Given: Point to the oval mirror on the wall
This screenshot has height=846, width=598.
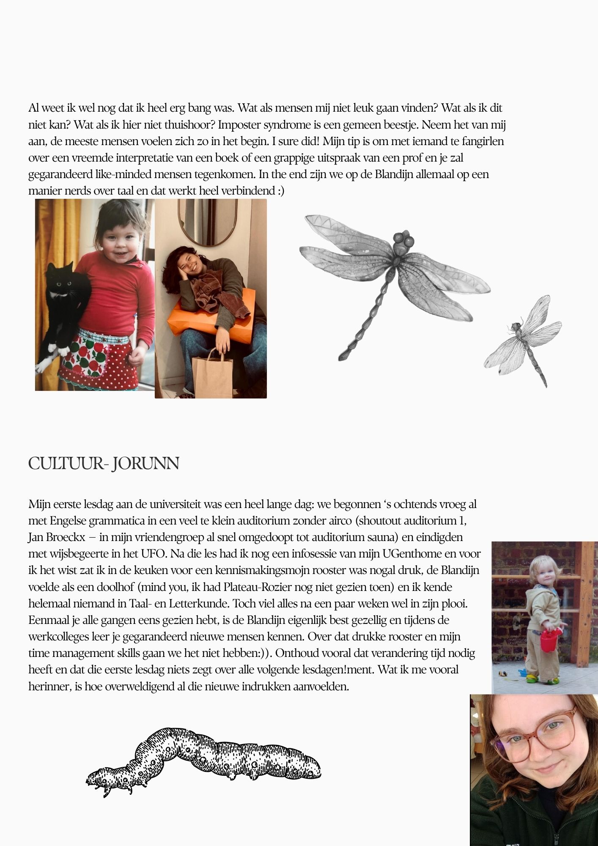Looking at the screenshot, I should point(208,222).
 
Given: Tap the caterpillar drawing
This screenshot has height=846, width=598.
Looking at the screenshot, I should point(203,759).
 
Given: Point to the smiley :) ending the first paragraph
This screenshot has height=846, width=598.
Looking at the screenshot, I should point(281,191).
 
